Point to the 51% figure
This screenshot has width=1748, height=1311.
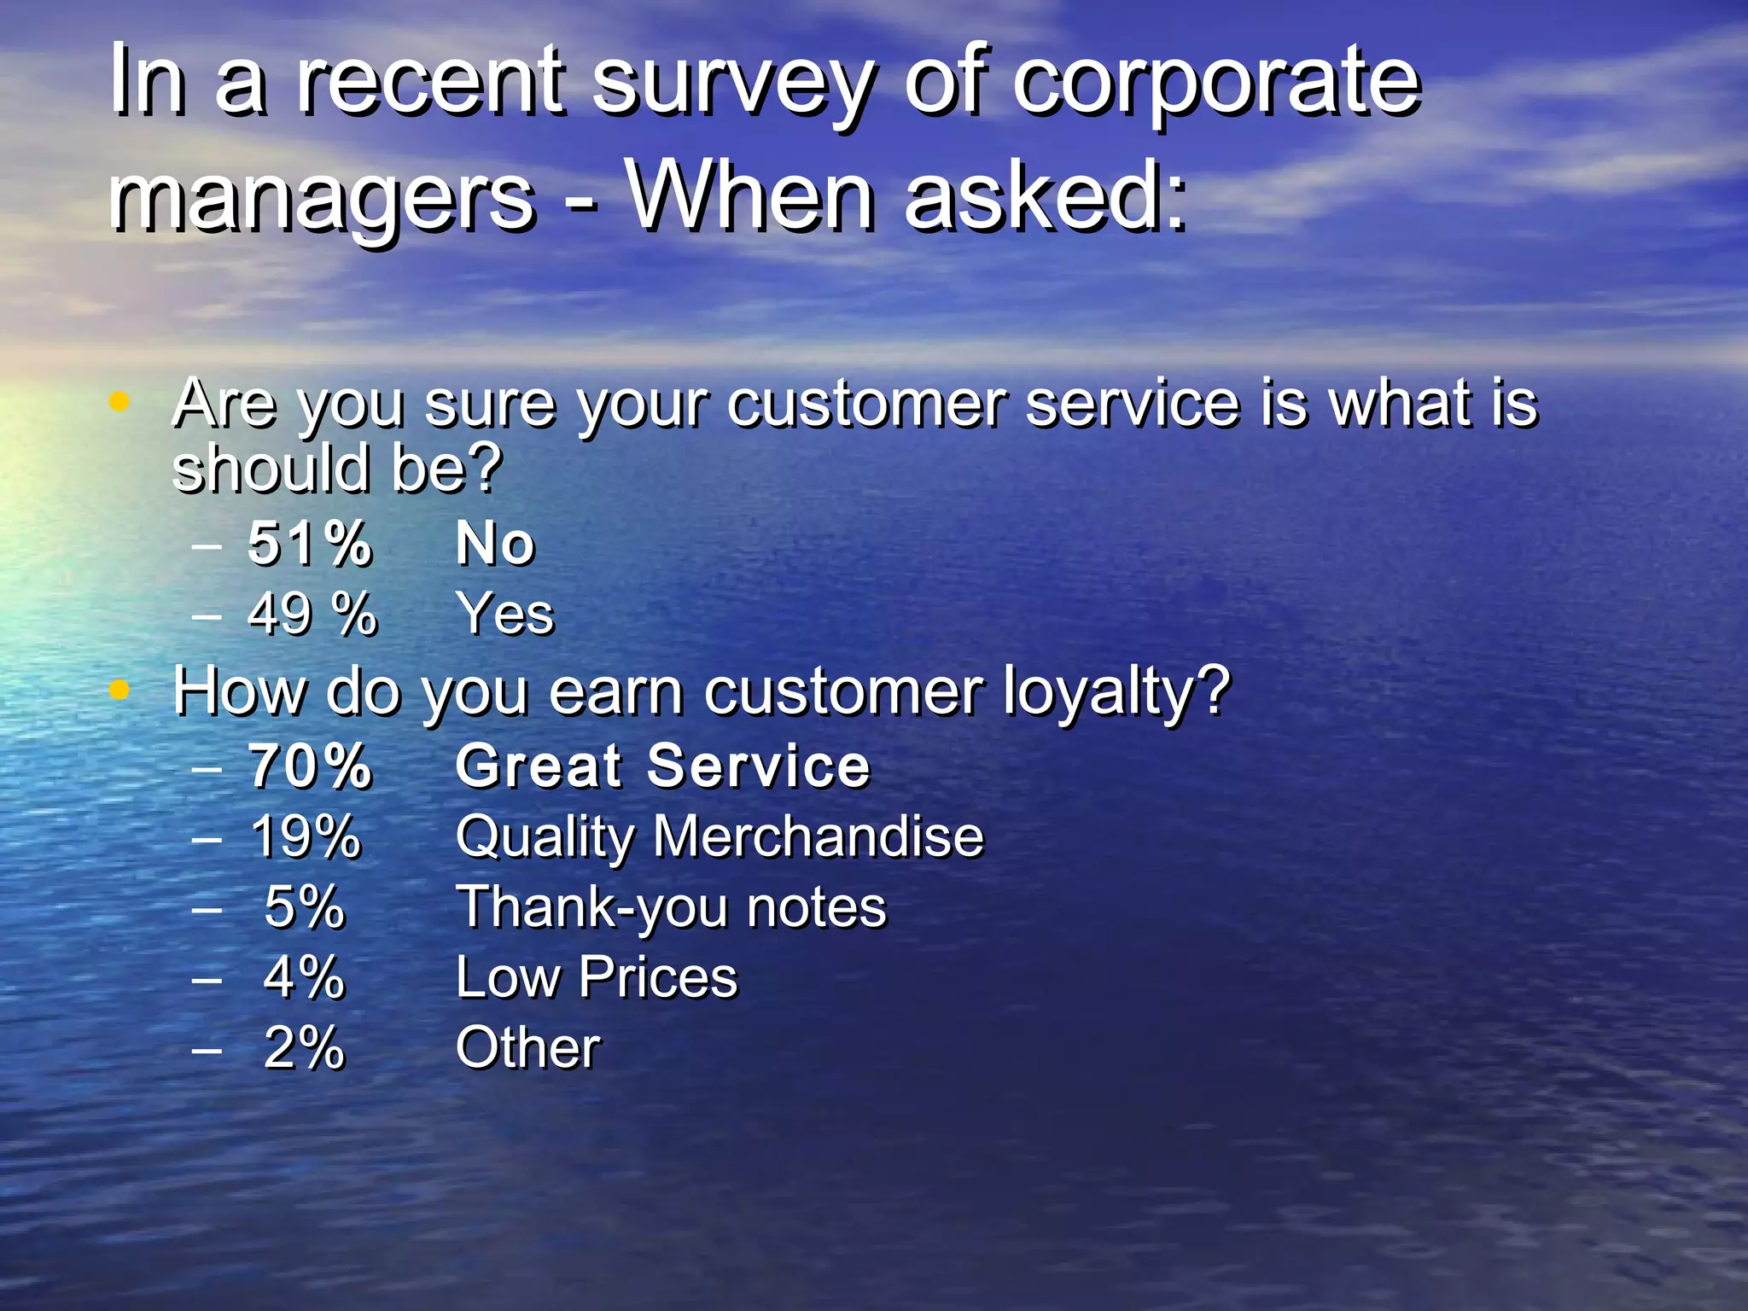(310, 544)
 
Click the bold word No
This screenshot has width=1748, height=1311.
(495, 544)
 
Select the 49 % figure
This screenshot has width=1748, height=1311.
(312, 614)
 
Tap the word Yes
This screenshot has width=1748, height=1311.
(505, 614)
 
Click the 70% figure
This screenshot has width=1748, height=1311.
(310, 766)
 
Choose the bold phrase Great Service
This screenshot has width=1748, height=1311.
(662, 766)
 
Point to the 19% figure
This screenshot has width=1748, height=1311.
(306, 836)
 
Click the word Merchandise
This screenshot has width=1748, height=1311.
(818, 836)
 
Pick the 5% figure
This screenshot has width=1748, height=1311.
(304, 906)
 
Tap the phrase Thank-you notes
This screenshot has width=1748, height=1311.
(671, 906)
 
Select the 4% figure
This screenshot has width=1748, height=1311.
(304, 977)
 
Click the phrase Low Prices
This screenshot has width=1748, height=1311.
(596, 977)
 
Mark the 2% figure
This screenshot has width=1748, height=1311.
(304, 1048)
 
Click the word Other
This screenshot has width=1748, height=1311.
(527, 1048)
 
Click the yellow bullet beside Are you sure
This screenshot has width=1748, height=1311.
(119, 400)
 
